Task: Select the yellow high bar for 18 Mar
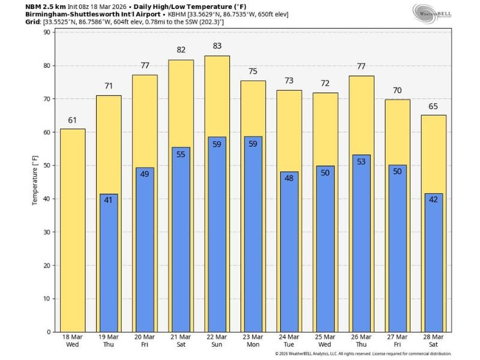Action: tap(73, 234)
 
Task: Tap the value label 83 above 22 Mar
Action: tap(217, 46)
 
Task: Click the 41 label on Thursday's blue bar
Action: tap(109, 200)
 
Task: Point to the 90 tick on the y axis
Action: tap(46, 32)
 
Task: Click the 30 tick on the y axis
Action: tap(46, 232)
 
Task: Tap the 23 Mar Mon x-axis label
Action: tap(253, 341)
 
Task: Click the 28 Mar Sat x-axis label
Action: tap(433, 341)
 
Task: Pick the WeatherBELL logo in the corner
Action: tap(430, 12)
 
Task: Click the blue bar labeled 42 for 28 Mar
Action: tap(433, 270)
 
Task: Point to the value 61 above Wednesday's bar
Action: tap(73, 120)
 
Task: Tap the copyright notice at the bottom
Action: tap(363, 354)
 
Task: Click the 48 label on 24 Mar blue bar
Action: tap(289, 178)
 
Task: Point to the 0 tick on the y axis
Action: tap(48, 332)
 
